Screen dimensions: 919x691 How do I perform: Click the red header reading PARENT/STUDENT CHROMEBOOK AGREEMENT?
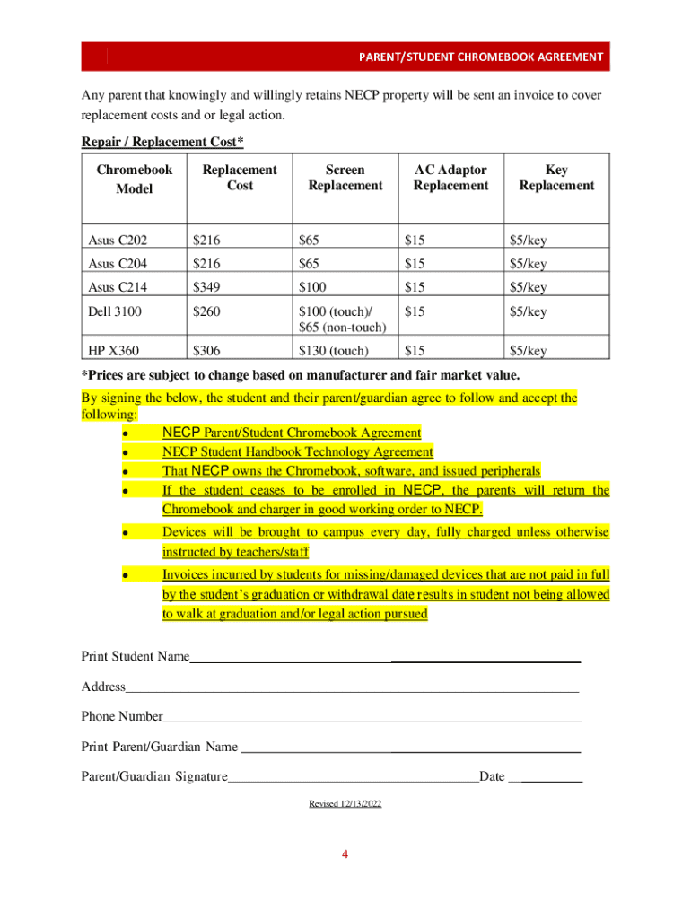click(481, 57)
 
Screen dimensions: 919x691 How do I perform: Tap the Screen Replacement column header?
click(345, 178)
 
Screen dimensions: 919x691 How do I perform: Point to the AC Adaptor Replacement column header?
click(450, 178)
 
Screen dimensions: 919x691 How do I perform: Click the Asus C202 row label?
click(118, 240)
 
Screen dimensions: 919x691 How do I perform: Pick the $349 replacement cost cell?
click(208, 288)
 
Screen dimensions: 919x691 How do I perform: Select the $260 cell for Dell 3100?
click(208, 312)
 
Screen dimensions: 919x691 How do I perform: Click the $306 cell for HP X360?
click(208, 351)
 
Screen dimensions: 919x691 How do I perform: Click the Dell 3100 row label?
click(116, 312)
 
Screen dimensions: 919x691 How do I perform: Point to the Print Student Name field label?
click(136, 657)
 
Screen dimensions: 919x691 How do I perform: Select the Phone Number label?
click(122, 717)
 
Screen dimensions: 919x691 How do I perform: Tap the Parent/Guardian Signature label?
click(154, 776)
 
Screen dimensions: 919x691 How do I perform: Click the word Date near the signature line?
click(492, 776)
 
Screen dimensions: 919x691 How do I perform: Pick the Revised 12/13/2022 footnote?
click(345, 804)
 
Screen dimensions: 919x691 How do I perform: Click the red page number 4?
click(344, 853)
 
